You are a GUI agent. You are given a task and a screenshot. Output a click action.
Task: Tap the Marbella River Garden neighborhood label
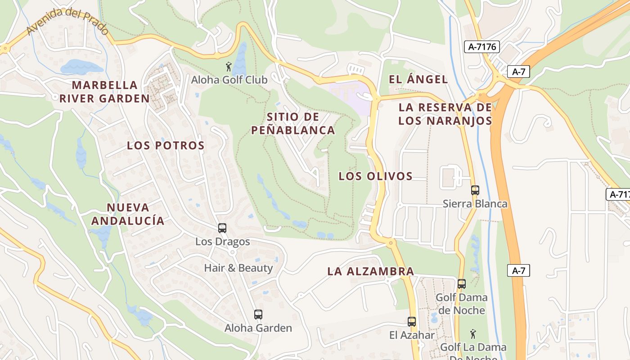pos(104,92)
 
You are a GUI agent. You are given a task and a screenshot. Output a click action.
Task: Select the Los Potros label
pos(166,145)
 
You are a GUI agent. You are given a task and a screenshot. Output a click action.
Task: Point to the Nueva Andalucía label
pos(128,214)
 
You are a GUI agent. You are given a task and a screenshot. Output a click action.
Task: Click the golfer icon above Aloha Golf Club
pos(229,67)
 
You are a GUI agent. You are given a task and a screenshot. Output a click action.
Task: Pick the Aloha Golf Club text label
pos(229,80)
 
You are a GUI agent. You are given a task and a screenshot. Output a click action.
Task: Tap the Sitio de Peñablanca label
pos(293,124)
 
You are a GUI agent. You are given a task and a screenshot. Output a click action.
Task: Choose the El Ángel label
pos(418,80)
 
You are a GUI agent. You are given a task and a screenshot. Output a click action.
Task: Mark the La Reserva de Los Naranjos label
pos(445,114)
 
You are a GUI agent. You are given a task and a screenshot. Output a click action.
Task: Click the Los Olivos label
pos(376,176)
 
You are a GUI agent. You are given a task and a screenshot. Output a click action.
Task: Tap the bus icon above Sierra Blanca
pos(475,190)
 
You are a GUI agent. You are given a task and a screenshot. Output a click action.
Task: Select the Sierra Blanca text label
pos(475,204)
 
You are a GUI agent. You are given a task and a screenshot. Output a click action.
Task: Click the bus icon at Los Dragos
pos(222,228)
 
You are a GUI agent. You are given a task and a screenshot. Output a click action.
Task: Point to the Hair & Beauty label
pos(238,268)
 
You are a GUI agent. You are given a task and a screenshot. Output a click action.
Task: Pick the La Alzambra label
pos(371,271)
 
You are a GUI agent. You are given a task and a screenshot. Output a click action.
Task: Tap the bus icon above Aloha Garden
pos(258,315)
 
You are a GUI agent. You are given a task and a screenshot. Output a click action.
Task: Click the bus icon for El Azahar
pos(412,322)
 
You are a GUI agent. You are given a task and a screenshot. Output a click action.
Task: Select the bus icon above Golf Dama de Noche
pos(462,284)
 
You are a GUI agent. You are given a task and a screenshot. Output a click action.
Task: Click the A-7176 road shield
pos(482,46)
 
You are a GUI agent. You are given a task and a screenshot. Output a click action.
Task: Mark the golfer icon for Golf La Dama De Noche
pos(472,334)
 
